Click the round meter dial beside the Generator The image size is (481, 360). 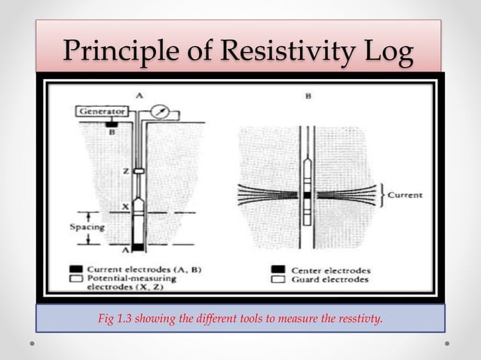158,111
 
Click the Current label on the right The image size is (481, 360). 405,194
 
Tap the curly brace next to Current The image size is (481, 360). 381,194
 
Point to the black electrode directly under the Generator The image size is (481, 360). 111,123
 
